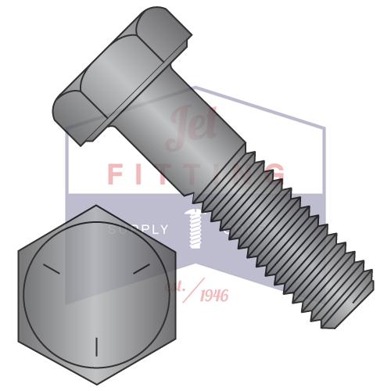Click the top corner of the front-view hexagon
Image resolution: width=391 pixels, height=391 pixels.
[x=95, y=207]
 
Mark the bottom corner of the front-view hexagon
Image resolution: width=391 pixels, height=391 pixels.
[x=96, y=384]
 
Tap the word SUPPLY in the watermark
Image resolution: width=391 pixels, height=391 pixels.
[x=138, y=230]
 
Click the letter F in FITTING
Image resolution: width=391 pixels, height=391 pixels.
[x=115, y=174]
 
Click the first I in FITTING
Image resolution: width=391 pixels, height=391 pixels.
[x=142, y=174]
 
